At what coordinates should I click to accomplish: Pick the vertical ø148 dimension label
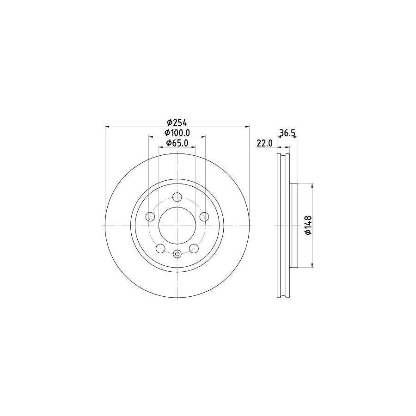(308, 225)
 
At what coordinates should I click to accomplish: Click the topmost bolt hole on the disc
(177, 197)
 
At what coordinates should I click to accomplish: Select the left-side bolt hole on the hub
(150, 217)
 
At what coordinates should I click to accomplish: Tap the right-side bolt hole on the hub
(204, 217)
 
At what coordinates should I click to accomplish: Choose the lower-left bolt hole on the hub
(160, 249)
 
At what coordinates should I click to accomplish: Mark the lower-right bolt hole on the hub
(194, 249)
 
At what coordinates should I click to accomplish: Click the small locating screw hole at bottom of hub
(177, 253)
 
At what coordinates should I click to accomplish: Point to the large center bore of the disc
(177, 225)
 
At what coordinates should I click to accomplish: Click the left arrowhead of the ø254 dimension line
(108, 126)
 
